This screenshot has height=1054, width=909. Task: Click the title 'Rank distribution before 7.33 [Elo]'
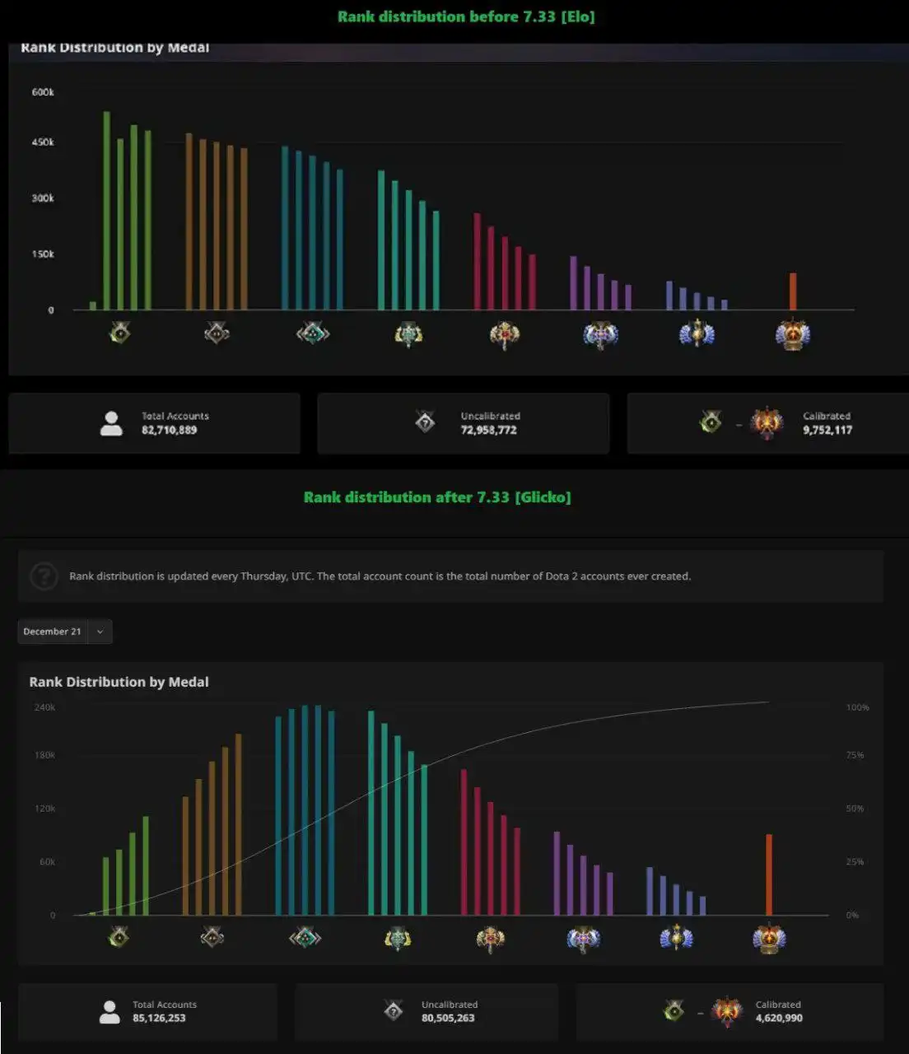pyautogui.click(x=465, y=16)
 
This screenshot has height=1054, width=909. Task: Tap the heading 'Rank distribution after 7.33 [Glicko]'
pyautogui.click(x=436, y=497)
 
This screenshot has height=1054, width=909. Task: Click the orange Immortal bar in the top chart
pyautogui.click(x=793, y=291)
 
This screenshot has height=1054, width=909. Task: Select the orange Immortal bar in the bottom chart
pyautogui.click(x=769, y=874)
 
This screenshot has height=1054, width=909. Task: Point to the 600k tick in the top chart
pyautogui.click(x=43, y=92)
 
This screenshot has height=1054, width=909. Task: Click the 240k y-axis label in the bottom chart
pyautogui.click(x=44, y=707)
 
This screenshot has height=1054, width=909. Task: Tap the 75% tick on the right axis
pyautogui.click(x=855, y=755)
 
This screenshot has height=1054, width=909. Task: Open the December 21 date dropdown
pyautogui.click(x=64, y=632)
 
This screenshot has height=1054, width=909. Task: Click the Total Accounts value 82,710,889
pyautogui.click(x=169, y=430)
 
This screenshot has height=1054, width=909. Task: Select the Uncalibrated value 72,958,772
pyautogui.click(x=488, y=430)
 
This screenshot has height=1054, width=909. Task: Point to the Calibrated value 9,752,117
pyautogui.click(x=827, y=430)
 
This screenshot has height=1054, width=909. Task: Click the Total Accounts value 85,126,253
pyautogui.click(x=159, y=1018)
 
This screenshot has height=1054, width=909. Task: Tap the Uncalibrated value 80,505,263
pyautogui.click(x=449, y=1018)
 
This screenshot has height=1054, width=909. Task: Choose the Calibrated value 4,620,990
pyautogui.click(x=779, y=1018)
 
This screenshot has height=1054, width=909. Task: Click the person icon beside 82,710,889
pyautogui.click(x=110, y=423)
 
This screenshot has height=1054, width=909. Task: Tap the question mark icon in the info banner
pyautogui.click(x=44, y=576)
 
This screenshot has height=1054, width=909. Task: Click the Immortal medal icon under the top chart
pyautogui.click(x=793, y=334)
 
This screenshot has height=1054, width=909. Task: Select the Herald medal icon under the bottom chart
pyautogui.click(x=119, y=937)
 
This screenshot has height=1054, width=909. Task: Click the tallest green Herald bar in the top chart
pyautogui.click(x=106, y=211)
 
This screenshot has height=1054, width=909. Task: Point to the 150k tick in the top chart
pyautogui.click(x=43, y=254)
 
